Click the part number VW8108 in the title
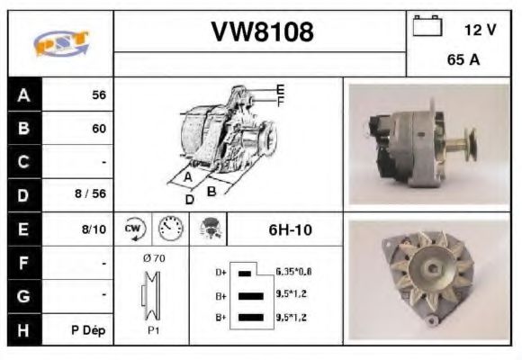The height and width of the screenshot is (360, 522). click(262, 32)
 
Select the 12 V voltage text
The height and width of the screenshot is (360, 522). click(480, 30)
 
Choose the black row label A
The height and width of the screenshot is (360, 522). click(23, 94)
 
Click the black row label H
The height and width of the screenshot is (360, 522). click(23, 329)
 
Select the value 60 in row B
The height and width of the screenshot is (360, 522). click(99, 128)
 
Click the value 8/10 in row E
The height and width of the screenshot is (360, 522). click(94, 229)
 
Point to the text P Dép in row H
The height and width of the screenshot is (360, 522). click(89, 330)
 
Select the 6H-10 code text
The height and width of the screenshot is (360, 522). click(290, 229)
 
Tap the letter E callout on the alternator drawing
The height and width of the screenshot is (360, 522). click(280, 89)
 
